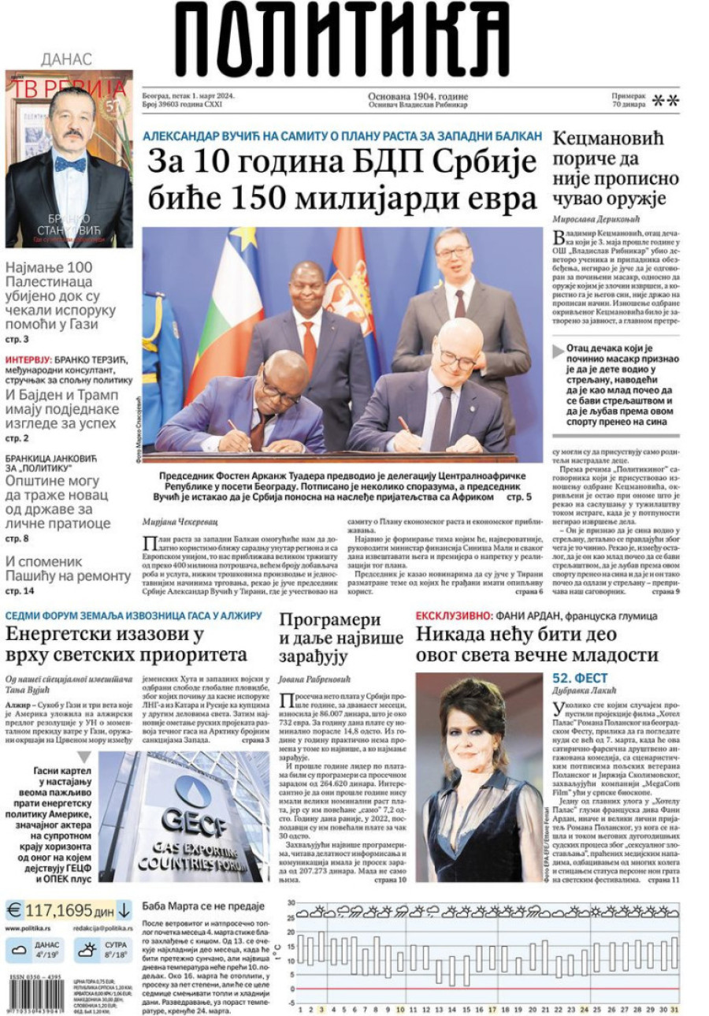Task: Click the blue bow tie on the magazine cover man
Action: (x=69, y=165)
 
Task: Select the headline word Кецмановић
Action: (x=603, y=140)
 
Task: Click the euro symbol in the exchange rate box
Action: (x=14, y=910)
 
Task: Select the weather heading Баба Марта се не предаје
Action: (x=203, y=906)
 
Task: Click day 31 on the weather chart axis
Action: (x=675, y=1009)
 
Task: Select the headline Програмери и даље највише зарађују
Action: (x=341, y=637)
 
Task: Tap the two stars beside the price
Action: (x=665, y=101)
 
